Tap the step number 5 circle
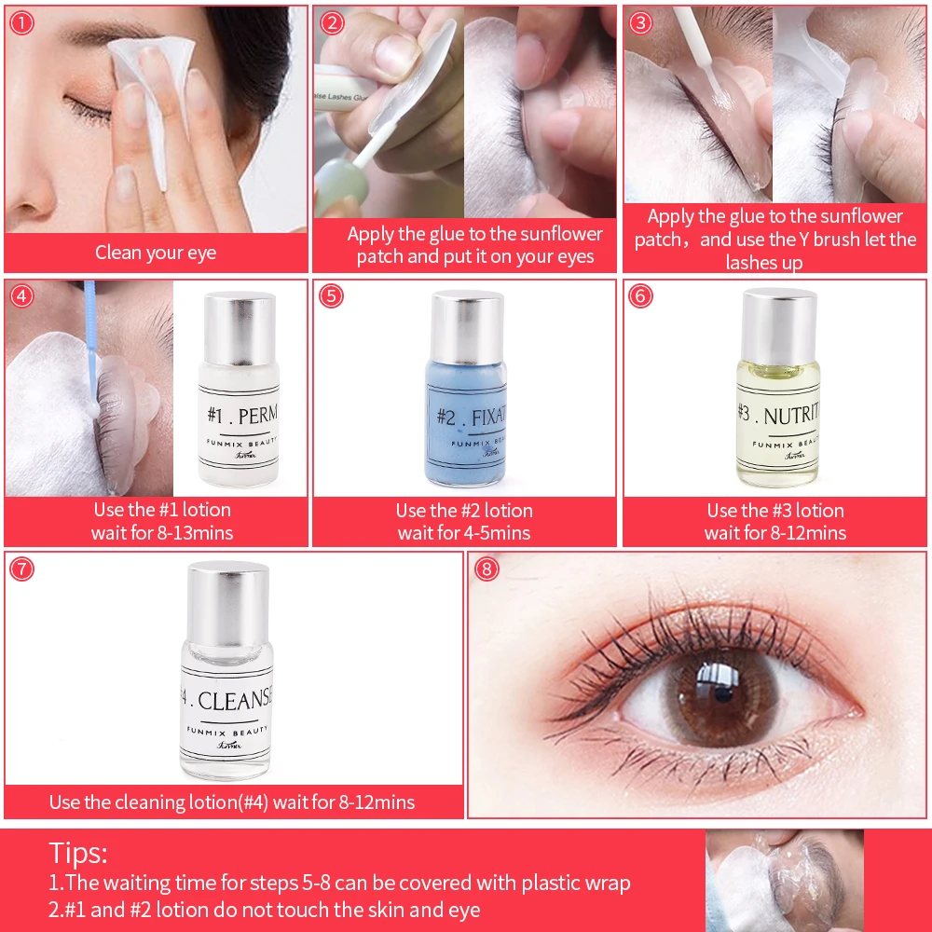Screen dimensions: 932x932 [331, 296]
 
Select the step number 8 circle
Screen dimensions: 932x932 [486, 568]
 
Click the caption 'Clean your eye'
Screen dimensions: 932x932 [156, 253]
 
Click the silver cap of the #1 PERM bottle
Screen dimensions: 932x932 [240, 322]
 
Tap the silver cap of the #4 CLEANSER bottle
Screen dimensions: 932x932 [228, 596]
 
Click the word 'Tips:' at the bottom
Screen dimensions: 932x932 [78, 853]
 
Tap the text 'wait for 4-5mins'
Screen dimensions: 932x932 [464, 533]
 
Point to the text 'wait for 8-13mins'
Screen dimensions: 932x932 [162, 533]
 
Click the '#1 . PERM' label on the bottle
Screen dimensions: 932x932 [243, 413]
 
